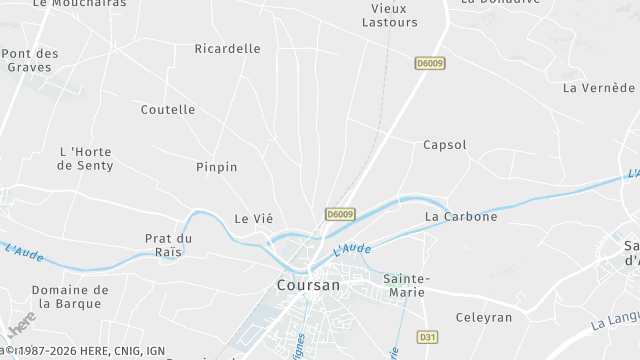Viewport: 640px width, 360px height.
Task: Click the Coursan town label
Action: (x=308, y=285)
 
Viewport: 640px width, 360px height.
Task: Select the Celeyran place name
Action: (x=483, y=318)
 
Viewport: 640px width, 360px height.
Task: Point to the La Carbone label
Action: (x=461, y=216)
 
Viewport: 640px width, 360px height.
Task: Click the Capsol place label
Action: (x=445, y=145)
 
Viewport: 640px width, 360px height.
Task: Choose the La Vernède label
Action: (x=599, y=88)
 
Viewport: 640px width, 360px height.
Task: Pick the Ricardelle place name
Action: (x=227, y=48)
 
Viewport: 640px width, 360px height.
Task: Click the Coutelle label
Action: (x=168, y=110)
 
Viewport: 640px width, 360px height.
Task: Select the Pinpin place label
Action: (x=217, y=167)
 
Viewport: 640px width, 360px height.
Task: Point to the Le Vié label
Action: (x=253, y=218)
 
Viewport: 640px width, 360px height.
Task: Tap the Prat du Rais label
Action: (x=168, y=245)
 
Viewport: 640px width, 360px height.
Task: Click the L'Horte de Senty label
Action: (x=87, y=158)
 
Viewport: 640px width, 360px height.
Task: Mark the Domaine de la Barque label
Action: (x=69, y=297)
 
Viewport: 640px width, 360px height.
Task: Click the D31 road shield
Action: (x=428, y=337)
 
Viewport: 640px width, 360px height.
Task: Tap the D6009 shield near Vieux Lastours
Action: (x=429, y=63)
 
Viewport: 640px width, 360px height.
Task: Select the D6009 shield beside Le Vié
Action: (x=340, y=214)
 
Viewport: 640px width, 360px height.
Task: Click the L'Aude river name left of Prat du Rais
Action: (x=24, y=254)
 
